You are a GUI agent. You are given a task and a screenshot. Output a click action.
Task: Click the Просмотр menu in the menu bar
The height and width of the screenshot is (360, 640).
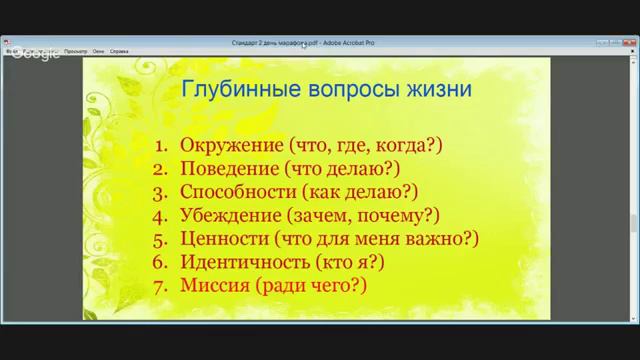[76, 49]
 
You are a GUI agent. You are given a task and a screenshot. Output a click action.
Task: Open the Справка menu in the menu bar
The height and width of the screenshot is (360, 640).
[119, 49]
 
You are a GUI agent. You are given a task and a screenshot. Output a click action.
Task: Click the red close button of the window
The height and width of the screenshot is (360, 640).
[630, 44]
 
